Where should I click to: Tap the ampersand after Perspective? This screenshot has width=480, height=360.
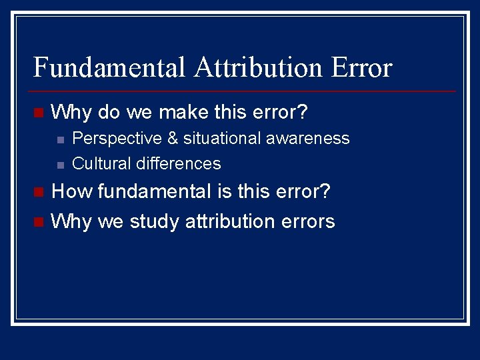click(x=173, y=139)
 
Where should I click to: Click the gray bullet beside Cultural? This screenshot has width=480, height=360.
click(x=60, y=165)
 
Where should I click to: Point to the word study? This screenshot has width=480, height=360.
click(x=154, y=221)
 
